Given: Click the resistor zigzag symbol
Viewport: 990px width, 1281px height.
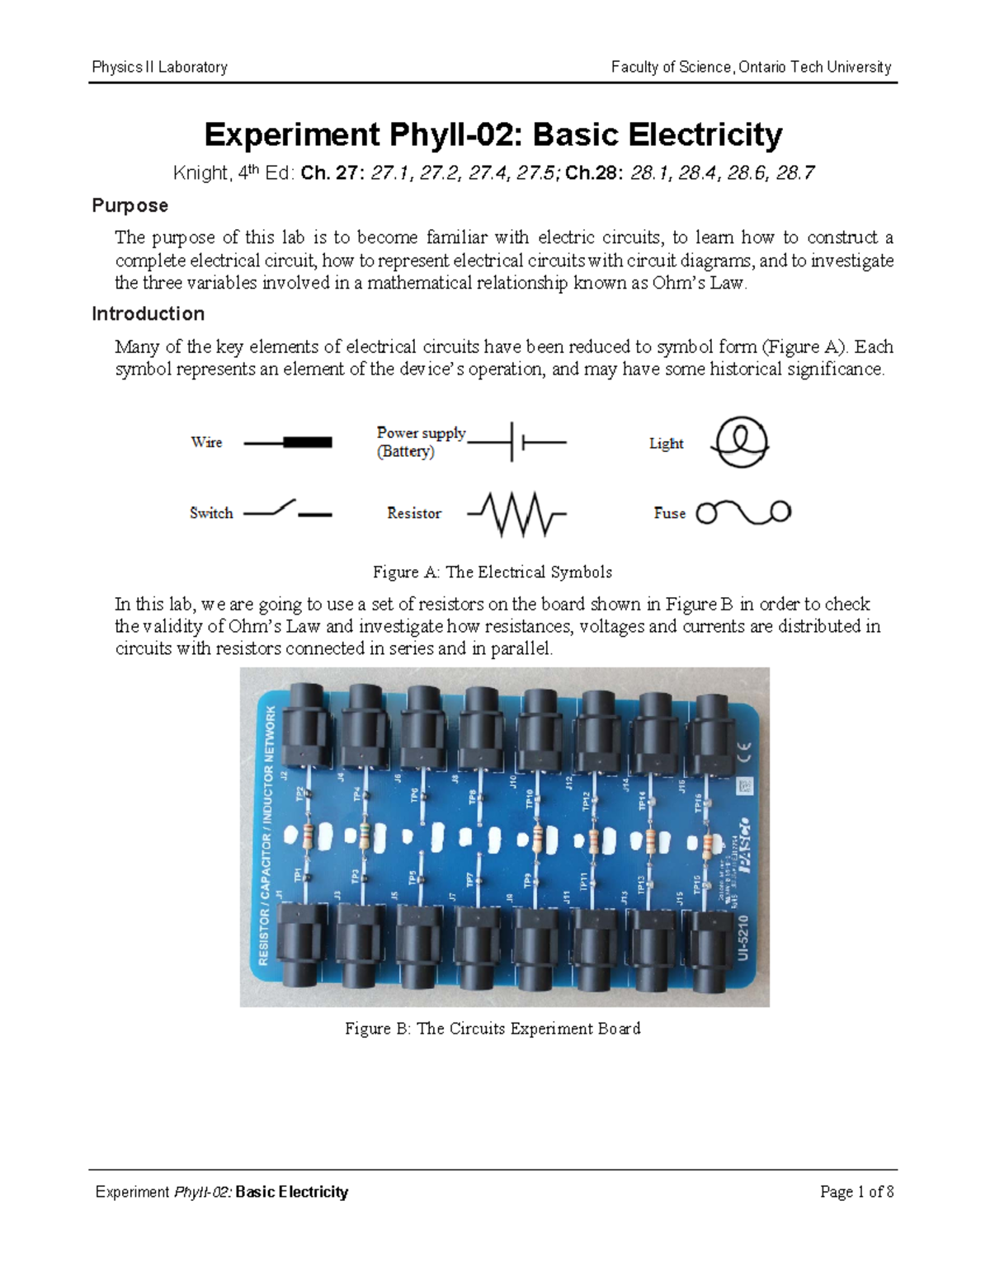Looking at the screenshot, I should click(517, 513).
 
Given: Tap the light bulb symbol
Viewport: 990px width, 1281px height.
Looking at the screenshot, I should click(741, 442).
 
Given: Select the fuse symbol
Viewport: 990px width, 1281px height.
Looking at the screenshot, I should click(743, 512).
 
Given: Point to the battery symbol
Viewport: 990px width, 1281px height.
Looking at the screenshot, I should click(516, 442).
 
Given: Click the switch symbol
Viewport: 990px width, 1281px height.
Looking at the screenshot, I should click(287, 511).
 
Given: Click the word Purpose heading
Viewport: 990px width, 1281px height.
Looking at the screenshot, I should click(130, 205).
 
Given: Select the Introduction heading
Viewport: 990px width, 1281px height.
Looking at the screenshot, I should click(148, 313).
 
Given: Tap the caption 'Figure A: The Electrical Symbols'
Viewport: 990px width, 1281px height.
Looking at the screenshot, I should click(492, 572).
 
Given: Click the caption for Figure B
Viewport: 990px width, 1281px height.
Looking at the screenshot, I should click(493, 1029).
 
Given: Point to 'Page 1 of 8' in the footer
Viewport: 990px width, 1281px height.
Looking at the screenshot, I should click(856, 1192).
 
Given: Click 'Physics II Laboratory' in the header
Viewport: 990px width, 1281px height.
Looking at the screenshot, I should click(159, 67).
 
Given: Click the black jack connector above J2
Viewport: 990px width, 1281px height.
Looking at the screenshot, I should click(305, 726).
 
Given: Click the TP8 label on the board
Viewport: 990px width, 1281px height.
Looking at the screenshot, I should click(472, 798).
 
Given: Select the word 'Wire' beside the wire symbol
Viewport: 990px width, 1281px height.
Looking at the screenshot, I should click(206, 442).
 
